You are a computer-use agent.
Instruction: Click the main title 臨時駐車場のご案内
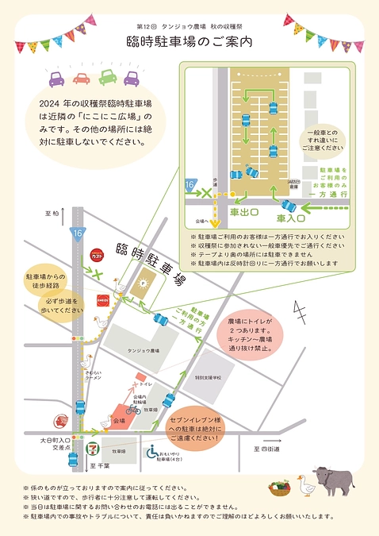(189, 42)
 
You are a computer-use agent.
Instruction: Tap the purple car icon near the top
(57, 80)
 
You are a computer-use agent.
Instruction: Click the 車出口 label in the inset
(244, 212)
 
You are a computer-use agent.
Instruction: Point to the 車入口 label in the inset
(291, 217)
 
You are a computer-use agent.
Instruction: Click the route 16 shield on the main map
(76, 233)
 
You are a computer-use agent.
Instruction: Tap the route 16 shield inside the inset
(189, 184)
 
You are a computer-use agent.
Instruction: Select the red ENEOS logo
(101, 300)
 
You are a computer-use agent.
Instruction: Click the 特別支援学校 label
(213, 378)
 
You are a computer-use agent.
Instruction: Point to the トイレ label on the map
(146, 384)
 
